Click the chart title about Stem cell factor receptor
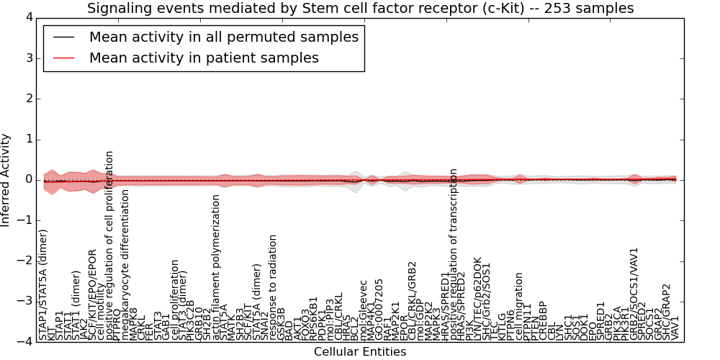click(360, 9)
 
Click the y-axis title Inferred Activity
click(6, 180)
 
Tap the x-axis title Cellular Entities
click(360, 352)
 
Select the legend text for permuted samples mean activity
click(224, 37)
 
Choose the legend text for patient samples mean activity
click(204, 58)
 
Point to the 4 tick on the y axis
click(27, 17)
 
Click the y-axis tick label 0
click(27, 180)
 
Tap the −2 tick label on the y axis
click(24, 261)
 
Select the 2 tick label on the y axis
click(27, 99)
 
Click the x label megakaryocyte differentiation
click(125, 264)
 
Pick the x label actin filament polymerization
click(215, 267)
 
